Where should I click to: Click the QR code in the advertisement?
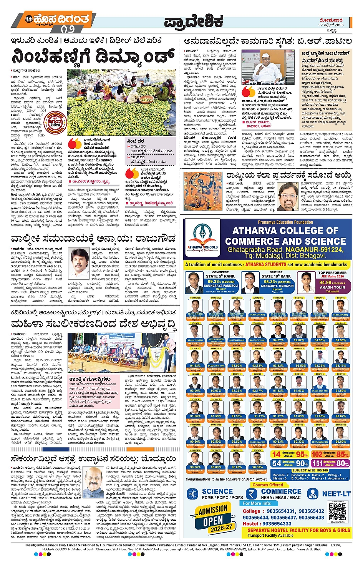[337, 512]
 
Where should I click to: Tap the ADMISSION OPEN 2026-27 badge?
[214, 517]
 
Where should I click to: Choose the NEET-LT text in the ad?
[336, 494]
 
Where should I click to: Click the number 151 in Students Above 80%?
[317, 463]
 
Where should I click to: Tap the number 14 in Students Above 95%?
[276, 454]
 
